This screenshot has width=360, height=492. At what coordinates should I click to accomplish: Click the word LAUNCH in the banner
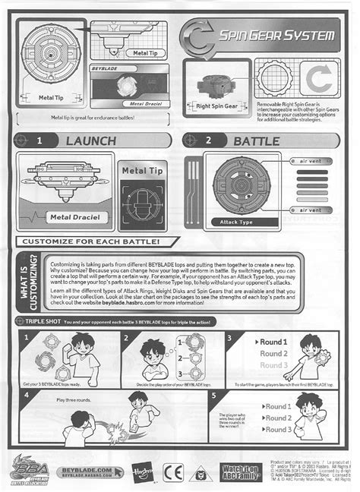point(90,141)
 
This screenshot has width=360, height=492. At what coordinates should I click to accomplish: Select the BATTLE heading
point(257,141)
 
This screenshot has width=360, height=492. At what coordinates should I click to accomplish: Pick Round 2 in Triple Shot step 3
point(273,354)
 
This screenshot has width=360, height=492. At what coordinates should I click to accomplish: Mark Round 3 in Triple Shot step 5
point(277,430)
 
